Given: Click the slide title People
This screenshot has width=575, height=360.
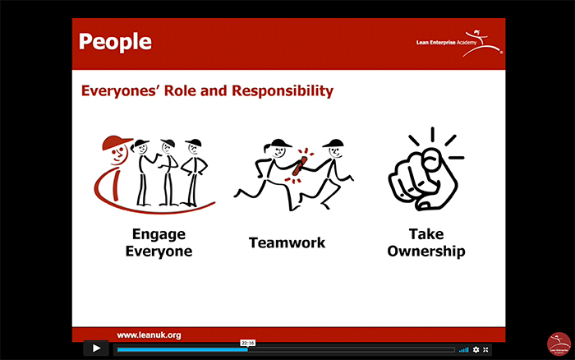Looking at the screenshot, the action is (x=115, y=42).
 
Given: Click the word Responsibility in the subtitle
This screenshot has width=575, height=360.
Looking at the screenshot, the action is (x=283, y=90).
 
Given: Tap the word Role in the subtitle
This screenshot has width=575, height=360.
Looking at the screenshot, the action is (x=180, y=90).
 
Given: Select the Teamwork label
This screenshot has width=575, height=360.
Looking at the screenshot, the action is (x=287, y=242).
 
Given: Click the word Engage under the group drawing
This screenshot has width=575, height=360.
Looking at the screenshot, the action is (x=159, y=235).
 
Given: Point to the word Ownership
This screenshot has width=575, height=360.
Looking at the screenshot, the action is (x=426, y=252).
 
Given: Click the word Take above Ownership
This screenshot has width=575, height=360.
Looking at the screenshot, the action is (x=426, y=234).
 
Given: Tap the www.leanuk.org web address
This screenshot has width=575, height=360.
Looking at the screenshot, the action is (x=149, y=335).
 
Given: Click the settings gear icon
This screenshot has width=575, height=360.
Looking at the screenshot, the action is (x=476, y=349).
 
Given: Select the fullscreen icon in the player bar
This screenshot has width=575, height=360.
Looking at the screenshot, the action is (x=486, y=349).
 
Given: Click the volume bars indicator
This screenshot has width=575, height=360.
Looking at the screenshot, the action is (x=464, y=350).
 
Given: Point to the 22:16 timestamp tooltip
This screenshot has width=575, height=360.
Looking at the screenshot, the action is (x=248, y=343).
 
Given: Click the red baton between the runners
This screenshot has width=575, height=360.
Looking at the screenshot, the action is (x=300, y=166).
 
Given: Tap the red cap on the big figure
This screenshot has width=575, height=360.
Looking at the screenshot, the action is (x=116, y=142).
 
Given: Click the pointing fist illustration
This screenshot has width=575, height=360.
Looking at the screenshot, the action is (x=425, y=168).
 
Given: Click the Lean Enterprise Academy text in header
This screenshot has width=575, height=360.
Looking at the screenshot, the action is (x=446, y=43).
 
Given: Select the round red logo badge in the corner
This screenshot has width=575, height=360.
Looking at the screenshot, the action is (x=559, y=344).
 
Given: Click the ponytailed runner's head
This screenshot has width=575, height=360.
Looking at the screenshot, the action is (x=278, y=148).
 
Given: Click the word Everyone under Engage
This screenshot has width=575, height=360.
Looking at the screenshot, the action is (x=159, y=252).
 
